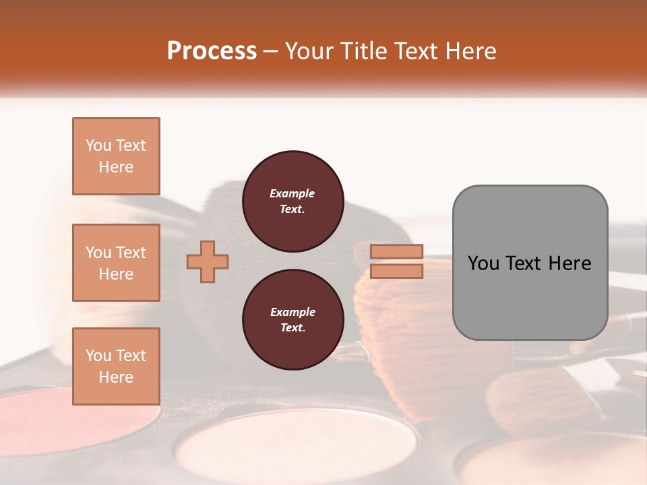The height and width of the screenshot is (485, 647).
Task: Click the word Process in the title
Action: pos(212,51)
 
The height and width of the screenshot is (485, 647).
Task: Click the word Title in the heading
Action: pos(361,51)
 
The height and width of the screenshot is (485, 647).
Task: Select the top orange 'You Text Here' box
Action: pos(116,156)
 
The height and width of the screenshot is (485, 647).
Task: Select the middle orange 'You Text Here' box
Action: pos(116,263)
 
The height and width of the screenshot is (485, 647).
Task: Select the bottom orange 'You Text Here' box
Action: pos(116,366)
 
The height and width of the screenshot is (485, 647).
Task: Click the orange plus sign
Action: pos(208,261)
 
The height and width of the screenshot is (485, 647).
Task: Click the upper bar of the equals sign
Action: pos(397,251)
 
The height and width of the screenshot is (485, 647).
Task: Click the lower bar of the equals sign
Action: pos(397,271)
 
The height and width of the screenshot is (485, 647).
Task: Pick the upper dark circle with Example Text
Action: pos(292,201)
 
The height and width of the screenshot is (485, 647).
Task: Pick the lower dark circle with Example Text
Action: pos(292,320)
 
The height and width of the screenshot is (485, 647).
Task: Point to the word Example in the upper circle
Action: pos(292,194)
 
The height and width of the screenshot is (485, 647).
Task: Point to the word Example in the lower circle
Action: pos(292,313)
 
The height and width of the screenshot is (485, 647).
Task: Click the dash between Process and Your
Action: pos(270,52)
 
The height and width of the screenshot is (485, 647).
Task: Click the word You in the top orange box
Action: pos(98,145)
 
